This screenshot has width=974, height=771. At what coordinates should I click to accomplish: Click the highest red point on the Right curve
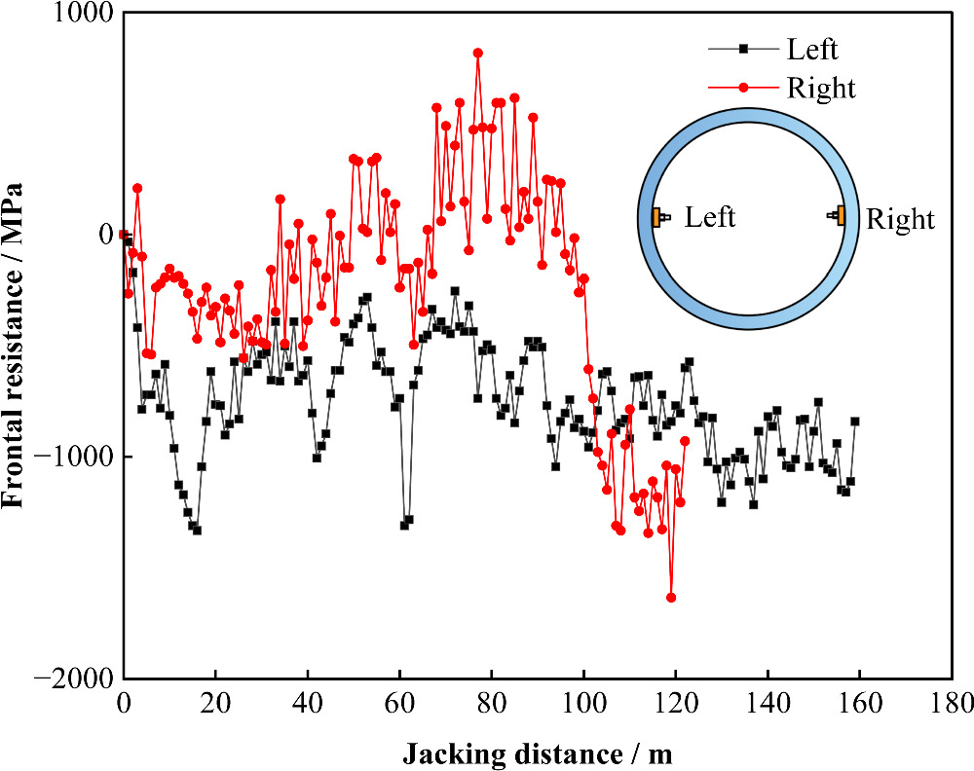pyautogui.click(x=477, y=54)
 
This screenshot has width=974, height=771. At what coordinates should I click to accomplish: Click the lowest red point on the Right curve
pyautogui.click(x=670, y=598)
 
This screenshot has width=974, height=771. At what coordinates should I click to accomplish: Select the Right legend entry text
pyautogui.click(x=819, y=88)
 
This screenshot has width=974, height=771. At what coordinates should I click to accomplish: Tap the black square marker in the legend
pyautogui.click(x=743, y=49)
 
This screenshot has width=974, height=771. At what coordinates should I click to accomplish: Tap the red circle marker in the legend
pyautogui.click(x=743, y=88)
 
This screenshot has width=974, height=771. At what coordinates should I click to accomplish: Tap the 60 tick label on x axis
pyautogui.click(x=398, y=701)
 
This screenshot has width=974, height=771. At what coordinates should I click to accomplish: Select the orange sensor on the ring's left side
pyautogui.click(x=657, y=217)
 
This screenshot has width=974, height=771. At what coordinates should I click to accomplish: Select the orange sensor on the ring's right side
pyautogui.click(x=840, y=215)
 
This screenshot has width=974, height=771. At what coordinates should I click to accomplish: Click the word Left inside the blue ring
pyautogui.click(x=710, y=217)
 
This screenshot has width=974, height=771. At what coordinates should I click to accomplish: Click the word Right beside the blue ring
pyautogui.click(x=899, y=219)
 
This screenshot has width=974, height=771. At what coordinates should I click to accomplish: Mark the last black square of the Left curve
pyautogui.click(x=855, y=422)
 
